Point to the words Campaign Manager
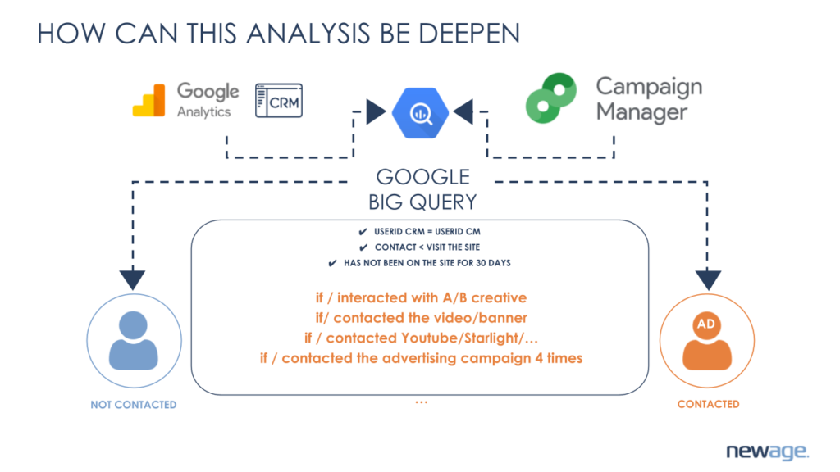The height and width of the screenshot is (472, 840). point(649,98)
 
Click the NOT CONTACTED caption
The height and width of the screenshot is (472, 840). point(133,405)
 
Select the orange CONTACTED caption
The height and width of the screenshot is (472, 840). point(708,404)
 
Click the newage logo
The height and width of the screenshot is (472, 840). point(767,452)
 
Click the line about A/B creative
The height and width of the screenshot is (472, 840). point(420,297)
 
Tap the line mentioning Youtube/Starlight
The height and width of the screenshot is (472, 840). point(420,338)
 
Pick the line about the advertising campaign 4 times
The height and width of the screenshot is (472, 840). point(420,358)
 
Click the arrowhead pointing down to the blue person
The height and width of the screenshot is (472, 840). point(132,279)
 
